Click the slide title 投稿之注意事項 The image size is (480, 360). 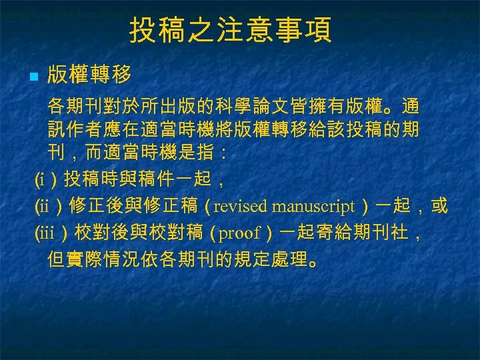231,31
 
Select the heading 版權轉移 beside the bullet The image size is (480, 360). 89,75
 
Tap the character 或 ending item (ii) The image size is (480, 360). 439,206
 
